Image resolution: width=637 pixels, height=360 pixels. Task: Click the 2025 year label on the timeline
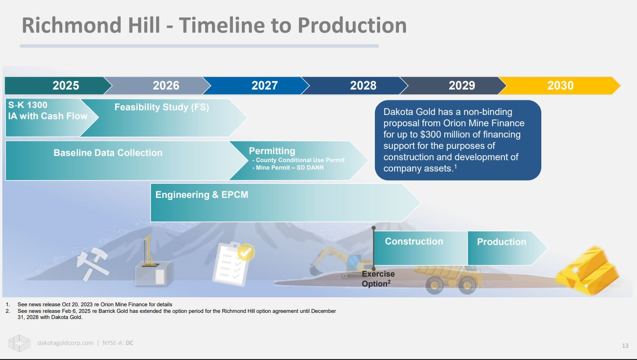click(66, 86)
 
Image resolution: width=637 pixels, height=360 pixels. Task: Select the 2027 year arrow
click(256, 86)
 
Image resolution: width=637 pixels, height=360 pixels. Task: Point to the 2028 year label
click(363, 86)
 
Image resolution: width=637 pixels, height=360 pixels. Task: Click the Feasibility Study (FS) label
click(162, 107)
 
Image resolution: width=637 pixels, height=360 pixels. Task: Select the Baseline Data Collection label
click(108, 153)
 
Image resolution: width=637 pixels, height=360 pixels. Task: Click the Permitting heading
click(272, 151)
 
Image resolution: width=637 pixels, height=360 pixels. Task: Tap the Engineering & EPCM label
click(202, 195)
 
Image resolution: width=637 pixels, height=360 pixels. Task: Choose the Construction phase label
click(414, 241)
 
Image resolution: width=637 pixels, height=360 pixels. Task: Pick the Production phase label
click(501, 242)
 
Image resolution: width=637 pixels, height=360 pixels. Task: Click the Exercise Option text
click(378, 279)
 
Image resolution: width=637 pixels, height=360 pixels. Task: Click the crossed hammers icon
click(93, 264)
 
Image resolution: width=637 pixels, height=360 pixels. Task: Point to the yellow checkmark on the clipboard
click(246, 252)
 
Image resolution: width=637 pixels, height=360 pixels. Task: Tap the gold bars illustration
click(587, 270)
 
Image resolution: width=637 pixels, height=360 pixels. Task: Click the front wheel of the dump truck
click(434, 285)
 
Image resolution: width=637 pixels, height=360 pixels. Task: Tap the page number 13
click(625, 346)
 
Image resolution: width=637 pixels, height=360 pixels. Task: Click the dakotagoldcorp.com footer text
click(66, 343)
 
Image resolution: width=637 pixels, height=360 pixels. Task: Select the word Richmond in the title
click(72, 25)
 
